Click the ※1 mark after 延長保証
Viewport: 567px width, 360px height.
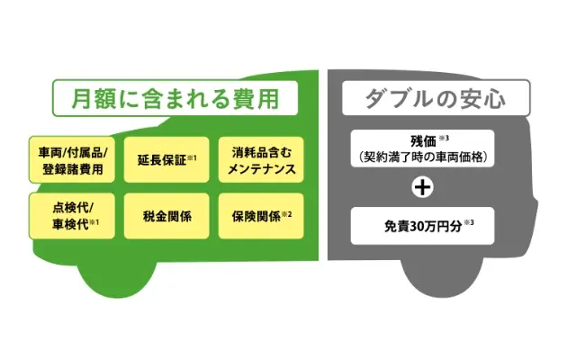click(x=194, y=157)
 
